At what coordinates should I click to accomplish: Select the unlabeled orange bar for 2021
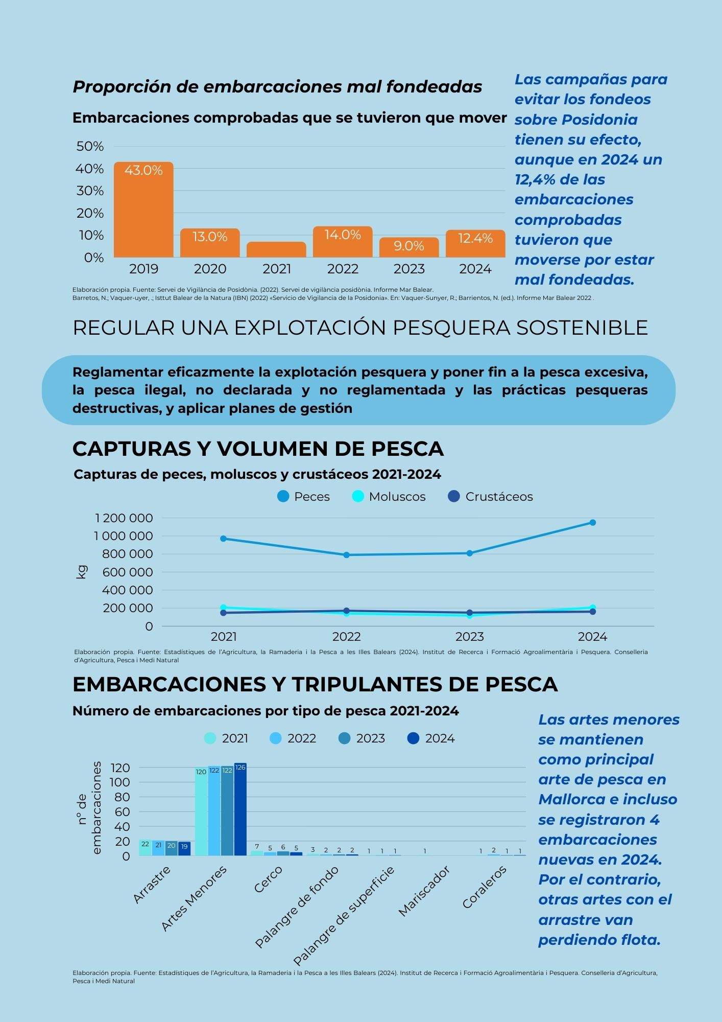[x=276, y=249]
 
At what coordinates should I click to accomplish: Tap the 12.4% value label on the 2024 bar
[x=475, y=238]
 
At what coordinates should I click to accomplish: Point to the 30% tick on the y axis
[x=90, y=191]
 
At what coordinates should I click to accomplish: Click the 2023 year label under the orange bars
[x=409, y=269]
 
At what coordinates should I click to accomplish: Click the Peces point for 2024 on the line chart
[x=592, y=522]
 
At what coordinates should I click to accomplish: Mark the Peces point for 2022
[x=346, y=555]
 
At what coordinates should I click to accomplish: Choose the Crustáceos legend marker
[x=454, y=496]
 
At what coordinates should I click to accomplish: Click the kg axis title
[x=81, y=572]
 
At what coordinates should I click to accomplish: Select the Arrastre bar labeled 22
[x=145, y=848]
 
